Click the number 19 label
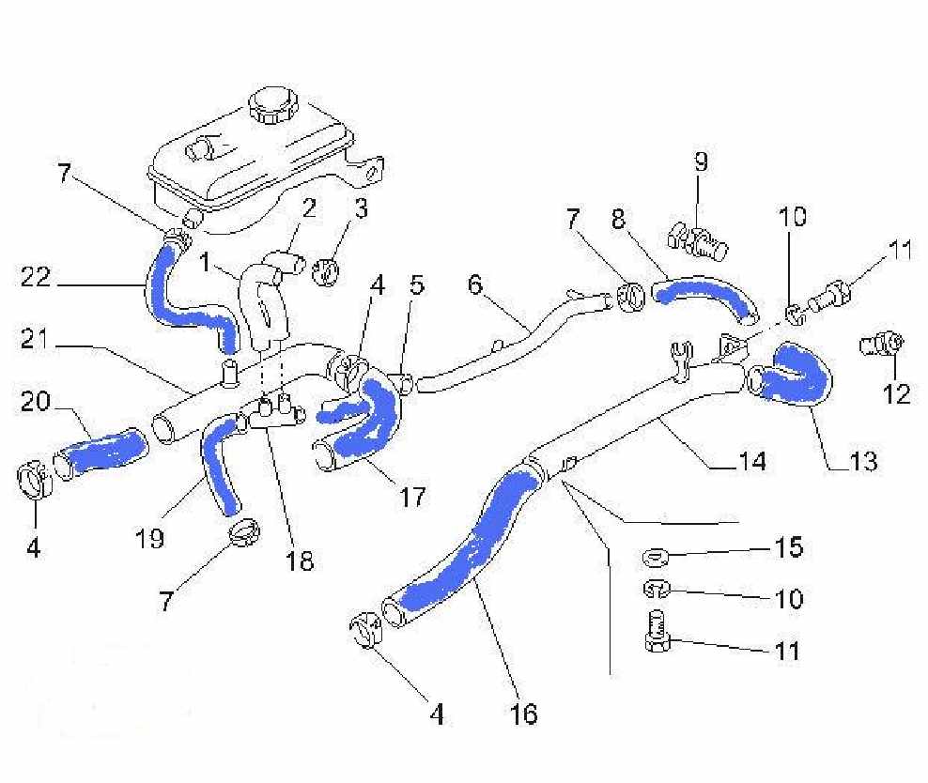coord(149,538)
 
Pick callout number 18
coord(301,560)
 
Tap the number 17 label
coord(410,495)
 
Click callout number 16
coord(525,714)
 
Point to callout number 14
coord(751,461)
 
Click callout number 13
coord(862,461)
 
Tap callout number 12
coord(897,393)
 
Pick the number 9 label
coord(701,161)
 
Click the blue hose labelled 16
coord(470,545)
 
